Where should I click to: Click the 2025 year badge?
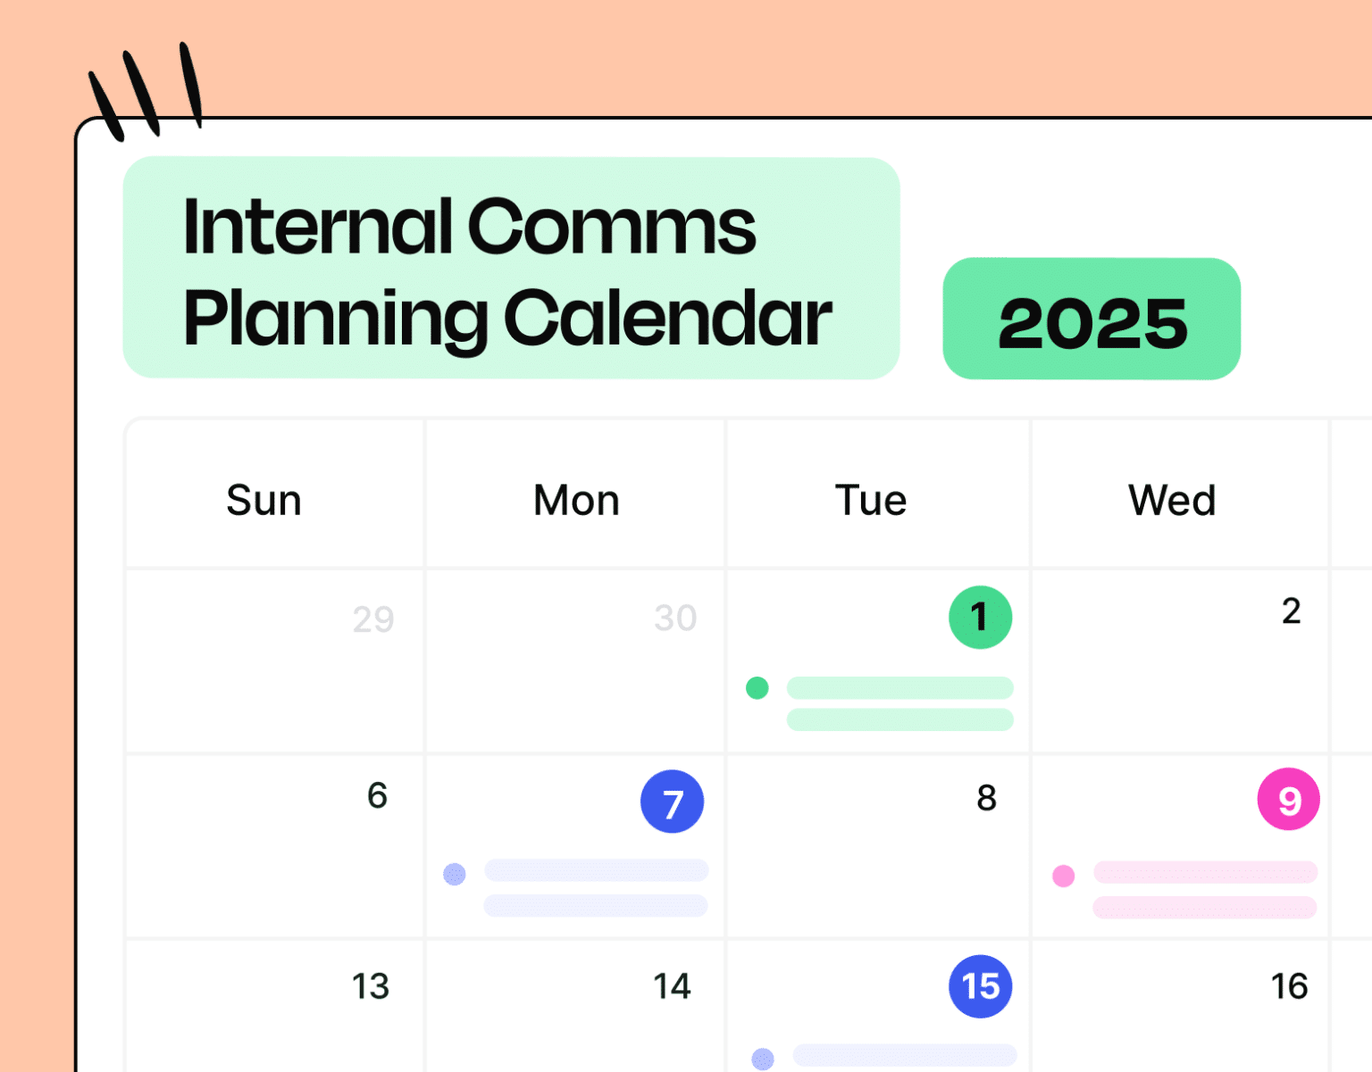(x=1092, y=320)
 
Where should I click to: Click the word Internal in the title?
(x=318, y=227)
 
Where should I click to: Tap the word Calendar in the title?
(x=668, y=318)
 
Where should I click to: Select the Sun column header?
(x=264, y=500)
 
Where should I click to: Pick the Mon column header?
(x=576, y=500)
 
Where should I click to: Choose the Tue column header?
(x=871, y=500)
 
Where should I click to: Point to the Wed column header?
(x=1172, y=500)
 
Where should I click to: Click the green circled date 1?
(x=980, y=617)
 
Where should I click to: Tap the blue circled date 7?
(x=672, y=802)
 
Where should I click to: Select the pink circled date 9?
(x=1288, y=799)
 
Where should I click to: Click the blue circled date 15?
(x=980, y=986)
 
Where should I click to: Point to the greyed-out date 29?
(x=373, y=619)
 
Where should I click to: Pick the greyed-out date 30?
(x=675, y=618)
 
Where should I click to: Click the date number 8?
(x=986, y=798)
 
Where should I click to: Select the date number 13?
(x=370, y=986)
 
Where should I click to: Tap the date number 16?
(x=1289, y=986)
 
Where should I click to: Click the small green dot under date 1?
(x=757, y=688)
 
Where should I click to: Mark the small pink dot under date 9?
(x=1063, y=876)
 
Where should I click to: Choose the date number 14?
(x=672, y=986)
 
